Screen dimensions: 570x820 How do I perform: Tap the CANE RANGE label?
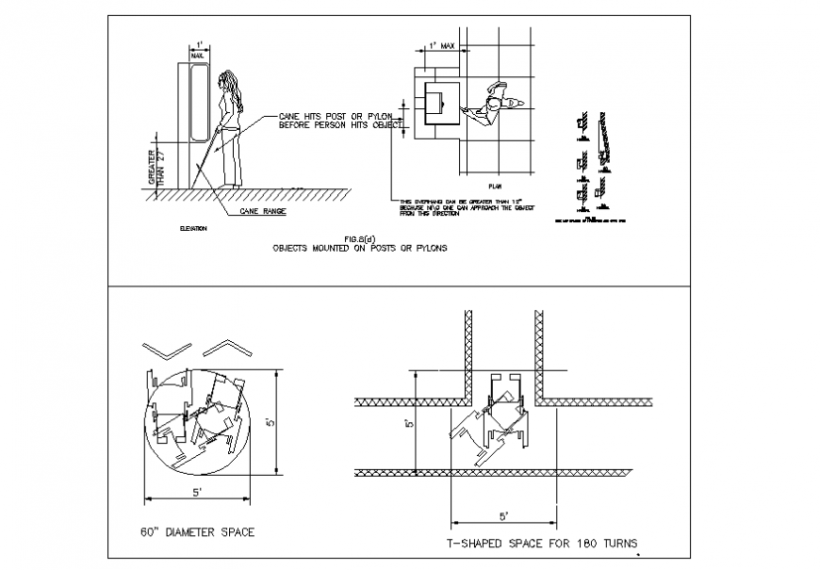pos(262,212)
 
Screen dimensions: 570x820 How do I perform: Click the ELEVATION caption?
pos(193,228)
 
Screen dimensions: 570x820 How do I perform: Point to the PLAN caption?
pos(495,187)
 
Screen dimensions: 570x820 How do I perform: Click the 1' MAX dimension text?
pos(441,44)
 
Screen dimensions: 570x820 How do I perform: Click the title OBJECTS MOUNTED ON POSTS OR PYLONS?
pos(359,249)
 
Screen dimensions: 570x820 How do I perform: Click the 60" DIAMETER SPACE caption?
pos(197,532)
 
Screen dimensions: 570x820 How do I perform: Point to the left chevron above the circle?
pos(160,349)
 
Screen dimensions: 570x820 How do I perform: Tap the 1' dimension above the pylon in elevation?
pos(197,44)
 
